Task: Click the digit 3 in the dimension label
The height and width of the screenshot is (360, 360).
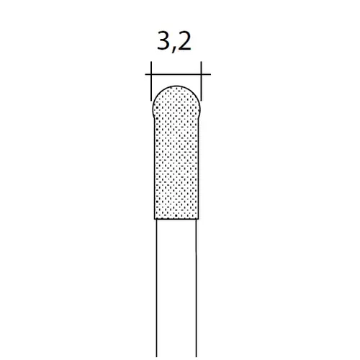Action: (164, 41)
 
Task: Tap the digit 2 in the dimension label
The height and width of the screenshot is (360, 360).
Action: (184, 41)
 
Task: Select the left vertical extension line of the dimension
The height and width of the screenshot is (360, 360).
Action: (151, 81)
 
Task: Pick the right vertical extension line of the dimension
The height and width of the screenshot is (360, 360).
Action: (201, 81)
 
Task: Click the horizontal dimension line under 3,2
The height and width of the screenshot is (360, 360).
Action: (178, 74)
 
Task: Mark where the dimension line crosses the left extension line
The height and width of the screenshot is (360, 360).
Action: (151, 74)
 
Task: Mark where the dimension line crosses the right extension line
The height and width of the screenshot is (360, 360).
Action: (201, 74)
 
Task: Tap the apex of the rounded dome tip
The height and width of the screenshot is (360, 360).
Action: (176, 86)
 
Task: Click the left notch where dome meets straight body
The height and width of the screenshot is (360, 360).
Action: (154, 119)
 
